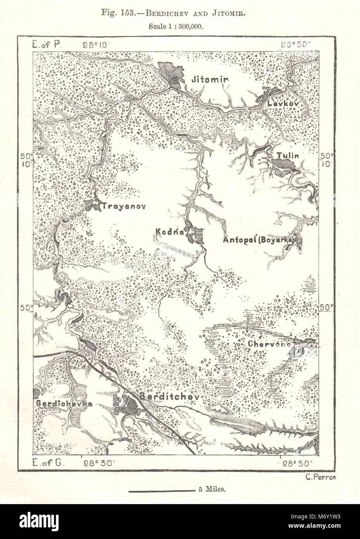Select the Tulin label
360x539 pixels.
coord(287,156)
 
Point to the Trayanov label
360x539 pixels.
coord(123,206)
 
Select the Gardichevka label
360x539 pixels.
coord(64,404)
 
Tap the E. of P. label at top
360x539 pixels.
coord(46,44)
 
